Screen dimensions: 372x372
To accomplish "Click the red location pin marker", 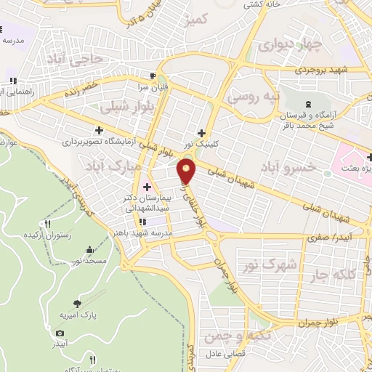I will coord(187,172).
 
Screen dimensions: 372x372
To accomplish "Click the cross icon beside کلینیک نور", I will coord(201,132).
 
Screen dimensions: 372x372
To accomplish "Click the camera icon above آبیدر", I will coord(60,333).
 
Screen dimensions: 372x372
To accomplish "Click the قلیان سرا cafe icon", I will coord(152,75).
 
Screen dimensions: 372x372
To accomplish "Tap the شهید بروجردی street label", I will coord(318,71).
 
